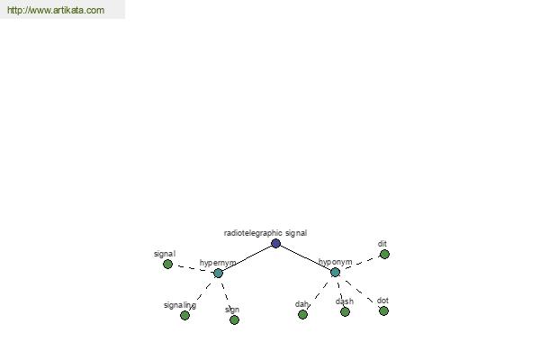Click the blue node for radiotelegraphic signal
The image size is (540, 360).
(x=275, y=244)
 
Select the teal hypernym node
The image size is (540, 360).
(x=218, y=274)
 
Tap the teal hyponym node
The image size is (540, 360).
(x=335, y=272)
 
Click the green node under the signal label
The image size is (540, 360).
(x=167, y=265)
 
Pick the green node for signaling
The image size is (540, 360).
(x=184, y=315)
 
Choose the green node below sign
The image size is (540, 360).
(x=234, y=320)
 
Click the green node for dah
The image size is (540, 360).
(x=302, y=314)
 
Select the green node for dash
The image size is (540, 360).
(x=345, y=311)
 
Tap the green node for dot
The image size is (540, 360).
(x=383, y=311)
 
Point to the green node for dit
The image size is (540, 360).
(x=384, y=254)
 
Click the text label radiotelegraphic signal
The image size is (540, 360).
(x=265, y=233)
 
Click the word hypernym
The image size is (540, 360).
(x=218, y=263)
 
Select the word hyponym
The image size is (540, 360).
(x=335, y=262)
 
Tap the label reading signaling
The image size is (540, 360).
(x=180, y=305)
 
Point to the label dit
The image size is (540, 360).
(x=382, y=244)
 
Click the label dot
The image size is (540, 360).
(x=382, y=301)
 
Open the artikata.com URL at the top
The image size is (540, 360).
(x=56, y=10)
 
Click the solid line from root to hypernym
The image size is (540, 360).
(x=247, y=258)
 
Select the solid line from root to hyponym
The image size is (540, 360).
(x=305, y=258)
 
